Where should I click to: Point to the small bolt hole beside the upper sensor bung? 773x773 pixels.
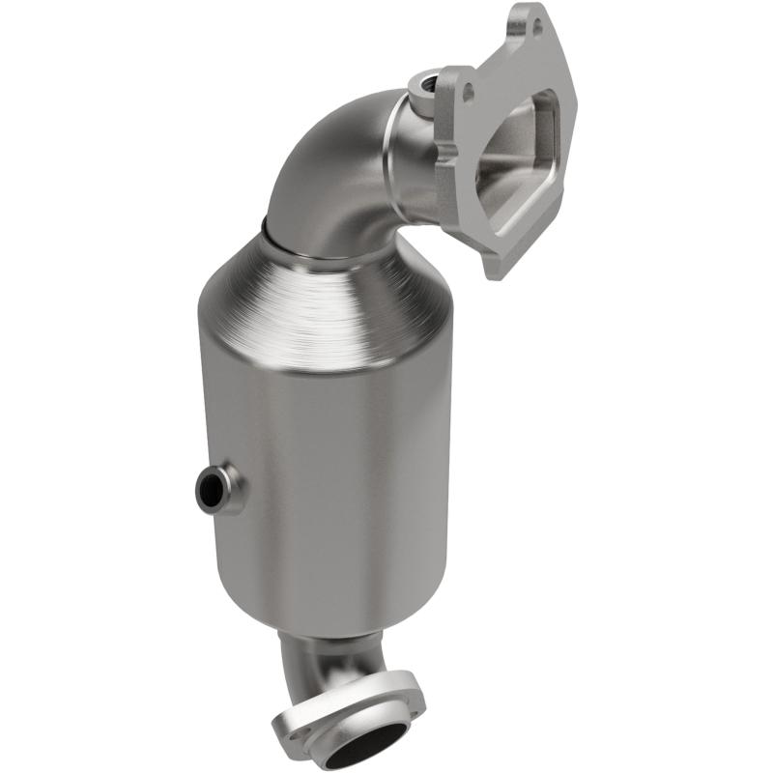pos(470,91)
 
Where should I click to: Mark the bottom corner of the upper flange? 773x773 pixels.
pos(493,272)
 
